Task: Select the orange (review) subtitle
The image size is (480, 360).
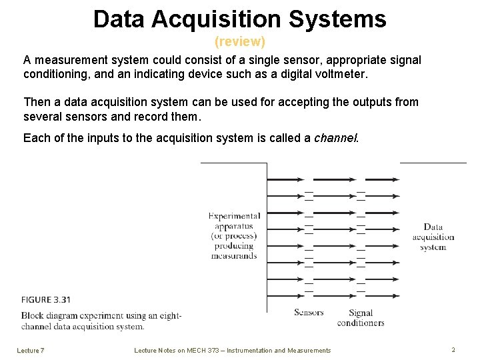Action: (x=240, y=42)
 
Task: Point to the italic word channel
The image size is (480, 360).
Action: (x=336, y=138)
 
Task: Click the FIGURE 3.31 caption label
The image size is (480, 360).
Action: (x=46, y=299)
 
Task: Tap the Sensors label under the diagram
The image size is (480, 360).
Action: (x=309, y=313)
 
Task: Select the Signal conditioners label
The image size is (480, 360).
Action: (x=361, y=318)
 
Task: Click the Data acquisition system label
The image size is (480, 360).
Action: (x=433, y=237)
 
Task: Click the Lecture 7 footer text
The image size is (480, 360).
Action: (x=31, y=350)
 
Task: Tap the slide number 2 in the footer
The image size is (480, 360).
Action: (x=453, y=349)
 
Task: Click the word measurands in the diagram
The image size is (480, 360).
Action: (x=234, y=255)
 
